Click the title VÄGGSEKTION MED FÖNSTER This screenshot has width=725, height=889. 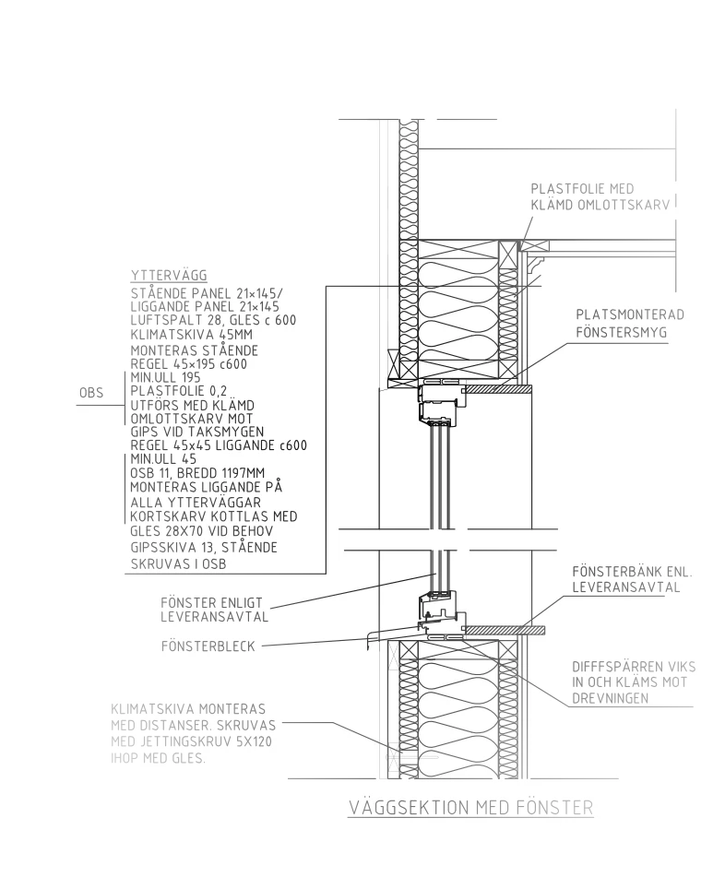click(470, 807)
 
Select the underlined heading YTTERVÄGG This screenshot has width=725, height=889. click(169, 276)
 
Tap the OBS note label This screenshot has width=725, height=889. click(91, 393)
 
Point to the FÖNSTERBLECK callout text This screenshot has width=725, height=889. click(208, 646)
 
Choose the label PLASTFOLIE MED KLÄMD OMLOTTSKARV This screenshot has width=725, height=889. click(600, 196)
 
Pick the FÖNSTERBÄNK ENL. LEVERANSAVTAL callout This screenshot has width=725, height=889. click(632, 579)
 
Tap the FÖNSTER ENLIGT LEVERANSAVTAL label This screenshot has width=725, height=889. click(214, 610)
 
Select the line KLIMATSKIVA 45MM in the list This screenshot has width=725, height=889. click(191, 335)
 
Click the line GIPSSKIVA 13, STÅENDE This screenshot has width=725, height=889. click(204, 548)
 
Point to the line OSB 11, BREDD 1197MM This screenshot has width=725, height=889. click(197, 473)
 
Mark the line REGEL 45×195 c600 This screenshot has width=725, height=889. click(189, 364)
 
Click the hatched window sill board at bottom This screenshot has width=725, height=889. click(504, 630)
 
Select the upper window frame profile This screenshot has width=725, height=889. click(443, 404)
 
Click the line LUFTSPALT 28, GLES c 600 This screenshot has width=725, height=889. click(213, 320)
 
